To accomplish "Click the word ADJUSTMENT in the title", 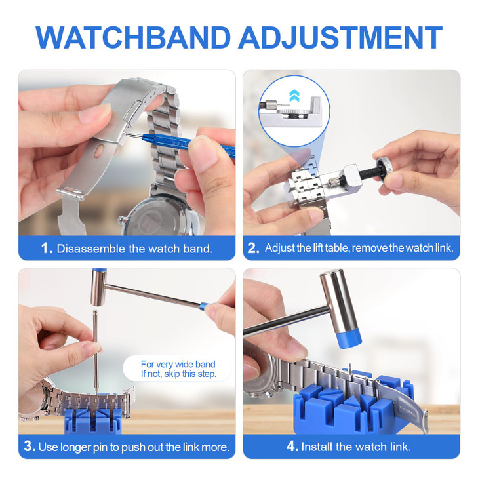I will click(340, 37).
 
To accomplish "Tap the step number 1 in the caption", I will click(47, 249).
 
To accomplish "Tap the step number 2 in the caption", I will click(254, 249).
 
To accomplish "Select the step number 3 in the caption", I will click(30, 447).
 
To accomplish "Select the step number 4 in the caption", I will click(292, 447).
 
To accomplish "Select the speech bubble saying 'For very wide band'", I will click(178, 369).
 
